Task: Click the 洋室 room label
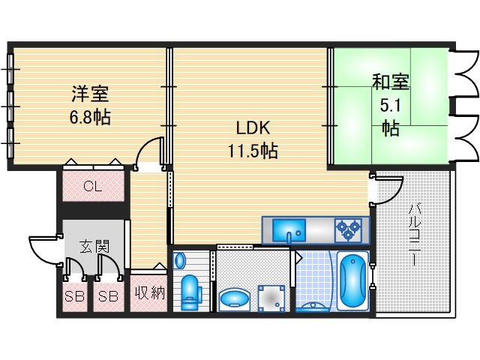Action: click(90, 94)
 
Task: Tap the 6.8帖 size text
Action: click(90, 118)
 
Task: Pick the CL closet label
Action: click(92, 186)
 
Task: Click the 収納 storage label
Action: click(149, 294)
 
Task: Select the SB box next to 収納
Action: click(109, 295)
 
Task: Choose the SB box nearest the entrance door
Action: click(73, 295)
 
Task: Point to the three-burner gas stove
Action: click(349, 229)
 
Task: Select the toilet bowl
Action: click(190, 291)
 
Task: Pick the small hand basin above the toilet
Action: click(180, 260)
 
